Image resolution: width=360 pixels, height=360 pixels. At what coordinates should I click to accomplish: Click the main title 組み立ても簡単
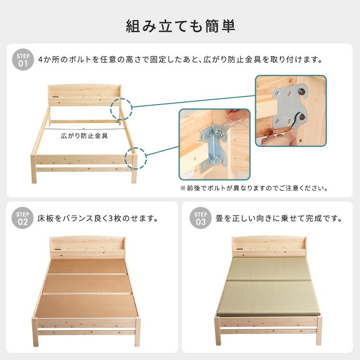pos(180,25)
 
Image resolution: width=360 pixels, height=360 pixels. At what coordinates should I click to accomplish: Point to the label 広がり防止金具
pos(84,136)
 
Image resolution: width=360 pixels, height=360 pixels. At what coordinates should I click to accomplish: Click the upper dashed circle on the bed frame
pos(120,109)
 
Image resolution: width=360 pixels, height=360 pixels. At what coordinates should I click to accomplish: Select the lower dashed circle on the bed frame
pos(135,158)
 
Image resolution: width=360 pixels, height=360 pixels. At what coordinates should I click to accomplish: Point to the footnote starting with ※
pos(254,188)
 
